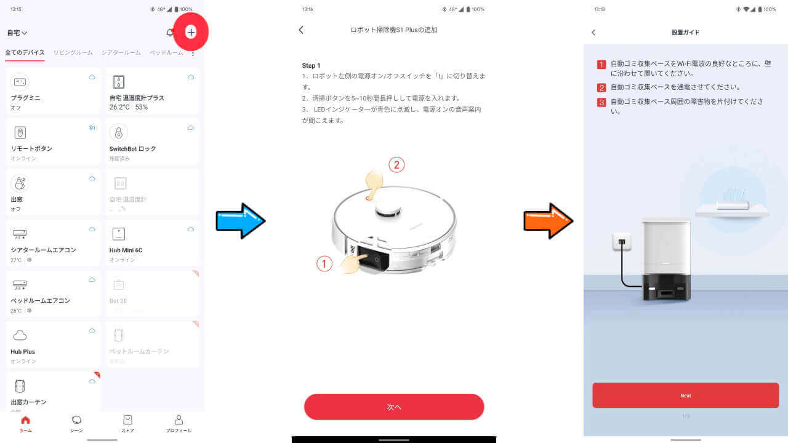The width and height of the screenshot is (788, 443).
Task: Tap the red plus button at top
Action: (191, 32)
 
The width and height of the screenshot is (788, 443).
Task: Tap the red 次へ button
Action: (394, 407)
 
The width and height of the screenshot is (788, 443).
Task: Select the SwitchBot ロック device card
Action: (152, 141)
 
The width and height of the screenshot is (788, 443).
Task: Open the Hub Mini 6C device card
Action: (152, 242)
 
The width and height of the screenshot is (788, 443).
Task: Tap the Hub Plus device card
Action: (53, 344)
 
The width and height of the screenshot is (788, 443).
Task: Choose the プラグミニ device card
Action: (53, 90)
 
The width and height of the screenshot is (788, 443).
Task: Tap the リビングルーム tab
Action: (73, 53)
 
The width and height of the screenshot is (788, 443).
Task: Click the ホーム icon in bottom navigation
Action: (25, 423)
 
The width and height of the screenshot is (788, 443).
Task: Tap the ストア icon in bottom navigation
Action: (127, 423)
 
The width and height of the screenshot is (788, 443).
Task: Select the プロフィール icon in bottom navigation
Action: (179, 423)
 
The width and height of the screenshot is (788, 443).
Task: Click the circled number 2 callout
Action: (396, 165)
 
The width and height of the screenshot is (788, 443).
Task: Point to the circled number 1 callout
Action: (324, 264)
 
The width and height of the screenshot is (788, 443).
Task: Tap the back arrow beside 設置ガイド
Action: (593, 33)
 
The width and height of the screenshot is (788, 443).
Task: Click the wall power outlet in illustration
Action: (622, 241)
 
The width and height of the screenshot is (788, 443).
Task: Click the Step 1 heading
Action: (311, 65)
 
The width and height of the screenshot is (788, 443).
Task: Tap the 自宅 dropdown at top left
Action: (17, 33)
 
